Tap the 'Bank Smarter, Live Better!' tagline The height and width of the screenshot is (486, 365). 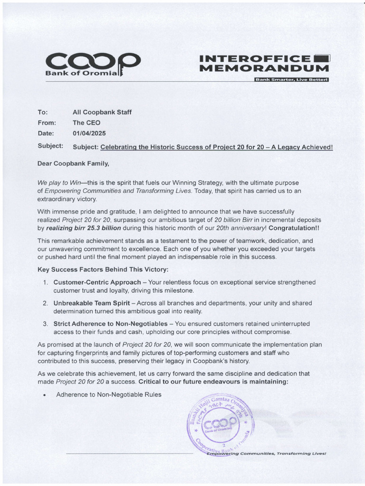pyautogui.click(x=291, y=79)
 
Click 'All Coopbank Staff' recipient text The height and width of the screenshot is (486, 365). pyautogui.click(x=102, y=112)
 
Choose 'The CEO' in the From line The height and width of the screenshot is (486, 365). pyautogui.click(x=86, y=123)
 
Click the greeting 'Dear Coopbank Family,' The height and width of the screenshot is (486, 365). pyautogui.click(x=73, y=164)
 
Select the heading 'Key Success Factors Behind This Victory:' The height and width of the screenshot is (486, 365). pyautogui.click(x=103, y=270)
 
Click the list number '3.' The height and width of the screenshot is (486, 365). pyautogui.click(x=45, y=324)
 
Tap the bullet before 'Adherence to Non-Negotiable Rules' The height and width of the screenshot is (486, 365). pyautogui.click(x=44, y=395)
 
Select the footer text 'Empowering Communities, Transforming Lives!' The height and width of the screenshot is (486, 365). pyautogui.click(x=266, y=453)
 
